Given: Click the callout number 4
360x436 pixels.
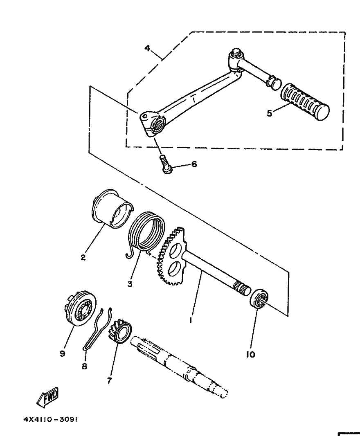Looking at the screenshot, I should [x=147, y=48].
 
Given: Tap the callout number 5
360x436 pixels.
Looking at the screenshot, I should [x=270, y=114].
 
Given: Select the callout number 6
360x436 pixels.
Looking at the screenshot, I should [x=194, y=164].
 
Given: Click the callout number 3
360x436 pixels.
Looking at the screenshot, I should [x=130, y=283].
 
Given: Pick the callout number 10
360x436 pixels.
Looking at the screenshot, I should [x=250, y=354].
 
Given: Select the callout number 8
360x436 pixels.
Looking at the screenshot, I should [x=84, y=366].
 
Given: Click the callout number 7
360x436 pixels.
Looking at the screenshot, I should [x=109, y=380].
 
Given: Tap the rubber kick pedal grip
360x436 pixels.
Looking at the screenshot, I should [x=305, y=102].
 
